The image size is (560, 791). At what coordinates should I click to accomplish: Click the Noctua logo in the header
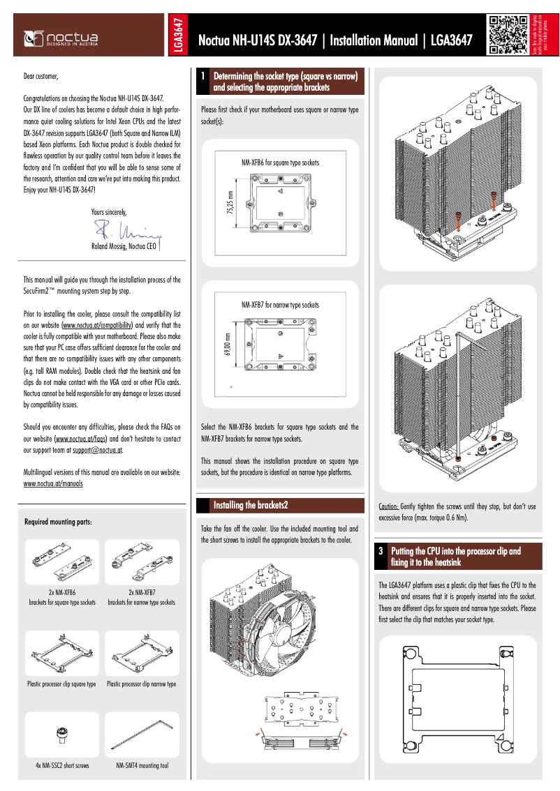(61, 36)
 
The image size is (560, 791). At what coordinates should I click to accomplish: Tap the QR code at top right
(508, 35)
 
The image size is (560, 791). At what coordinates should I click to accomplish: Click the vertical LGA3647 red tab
(179, 35)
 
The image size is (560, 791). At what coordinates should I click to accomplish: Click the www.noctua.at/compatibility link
(98, 325)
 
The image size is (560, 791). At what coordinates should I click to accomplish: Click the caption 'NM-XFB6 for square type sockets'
(280, 163)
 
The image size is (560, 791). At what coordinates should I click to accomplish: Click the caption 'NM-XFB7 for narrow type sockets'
(280, 305)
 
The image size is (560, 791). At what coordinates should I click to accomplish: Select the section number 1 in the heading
(202, 76)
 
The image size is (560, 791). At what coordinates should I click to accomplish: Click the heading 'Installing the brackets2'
(251, 505)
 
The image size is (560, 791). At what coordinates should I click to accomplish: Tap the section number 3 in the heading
(381, 551)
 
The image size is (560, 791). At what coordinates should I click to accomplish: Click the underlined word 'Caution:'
(388, 506)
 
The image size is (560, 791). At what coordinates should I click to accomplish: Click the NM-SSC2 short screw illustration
(61, 734)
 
